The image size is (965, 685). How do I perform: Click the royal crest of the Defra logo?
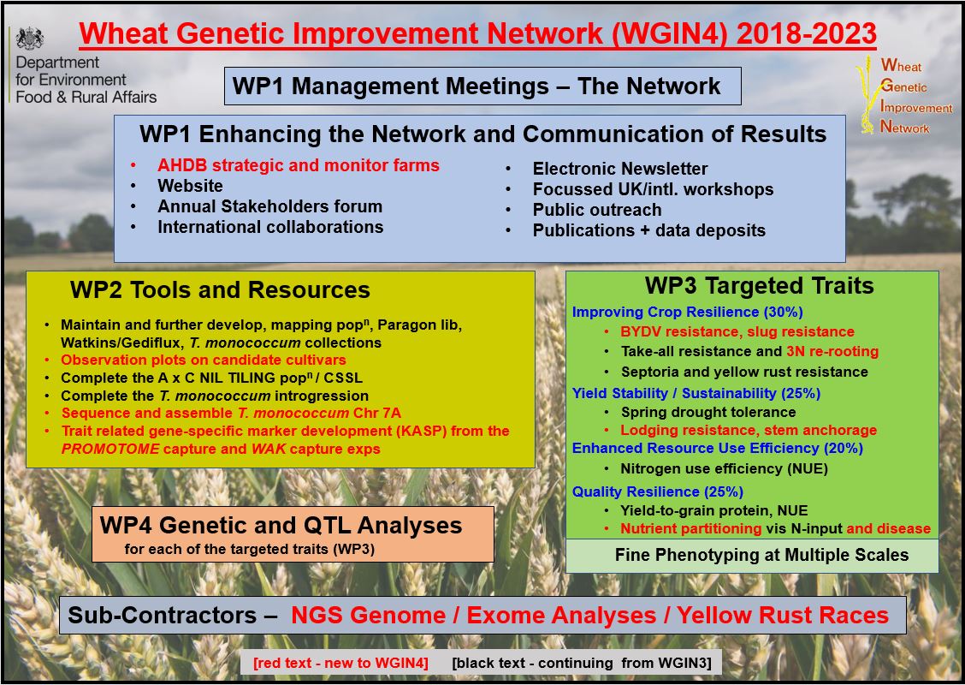[x=30, y=39]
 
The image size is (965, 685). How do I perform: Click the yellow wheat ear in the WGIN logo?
[x=867, y=96]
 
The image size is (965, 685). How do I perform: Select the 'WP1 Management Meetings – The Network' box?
[x=483, y=86]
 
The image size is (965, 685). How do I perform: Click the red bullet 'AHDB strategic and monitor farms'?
[x=299, y=166]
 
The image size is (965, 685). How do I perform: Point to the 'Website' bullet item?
[x=190, y=186]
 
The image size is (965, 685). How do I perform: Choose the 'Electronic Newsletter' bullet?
[x=620, y=169]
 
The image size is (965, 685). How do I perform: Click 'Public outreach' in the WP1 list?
[x=597, y=210]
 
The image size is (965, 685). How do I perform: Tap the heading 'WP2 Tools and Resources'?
[x=220, y=289]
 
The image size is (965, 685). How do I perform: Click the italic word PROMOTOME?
[x=110, y=449]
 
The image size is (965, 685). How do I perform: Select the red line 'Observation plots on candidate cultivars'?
[x=203, y=360]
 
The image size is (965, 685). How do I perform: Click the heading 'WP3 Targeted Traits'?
[x=760, y=286]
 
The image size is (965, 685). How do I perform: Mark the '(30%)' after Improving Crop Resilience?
[x=784, y=313]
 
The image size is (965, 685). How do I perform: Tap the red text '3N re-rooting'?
[x=832, y=352]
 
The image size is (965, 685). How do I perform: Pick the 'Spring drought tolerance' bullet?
[x=708, y=412]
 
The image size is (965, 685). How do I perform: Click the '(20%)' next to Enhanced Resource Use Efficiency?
[x=844, y=449]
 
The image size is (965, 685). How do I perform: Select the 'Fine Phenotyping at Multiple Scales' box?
[x=752, y=556]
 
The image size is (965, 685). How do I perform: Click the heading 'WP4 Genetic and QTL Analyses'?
[x=281, y=526]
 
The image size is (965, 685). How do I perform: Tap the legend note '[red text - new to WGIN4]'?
[x=340, y=664]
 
